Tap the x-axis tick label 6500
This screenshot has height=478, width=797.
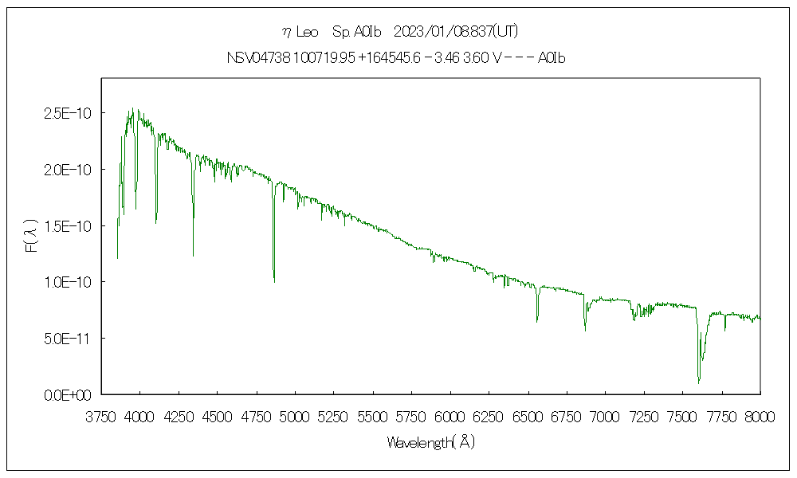(x=528, y=417)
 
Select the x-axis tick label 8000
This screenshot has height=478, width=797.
(x=760, y=417)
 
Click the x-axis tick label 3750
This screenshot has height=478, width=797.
(x=101, y=417)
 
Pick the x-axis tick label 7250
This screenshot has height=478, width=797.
(x=644, y=417)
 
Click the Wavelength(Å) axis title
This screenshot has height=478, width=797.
(x=430, y=442)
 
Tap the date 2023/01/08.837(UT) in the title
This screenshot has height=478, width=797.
(x=456, y=32)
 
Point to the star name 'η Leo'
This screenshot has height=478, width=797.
(x=300, y=32)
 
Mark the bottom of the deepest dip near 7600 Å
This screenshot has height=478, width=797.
(x=699, y=383)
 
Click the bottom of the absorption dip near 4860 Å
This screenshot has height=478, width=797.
(x=274, y=281)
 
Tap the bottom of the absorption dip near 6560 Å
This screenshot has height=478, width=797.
(x=537, y=321)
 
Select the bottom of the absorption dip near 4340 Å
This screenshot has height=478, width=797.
(x=193, y=256)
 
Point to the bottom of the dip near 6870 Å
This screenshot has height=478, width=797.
(x=585, y=330)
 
